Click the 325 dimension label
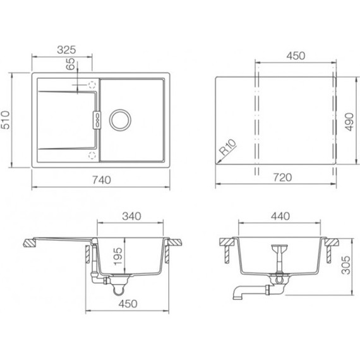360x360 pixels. (66, 50)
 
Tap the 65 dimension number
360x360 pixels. (71, 64)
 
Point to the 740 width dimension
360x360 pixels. (102, 180)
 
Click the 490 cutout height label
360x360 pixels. (349, 122)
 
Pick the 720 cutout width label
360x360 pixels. (282, 177)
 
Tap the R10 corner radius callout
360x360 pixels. (227, 147)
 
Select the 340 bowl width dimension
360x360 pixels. (131, 216)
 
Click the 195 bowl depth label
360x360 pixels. (118, 256)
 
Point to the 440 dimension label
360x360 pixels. (280, 216)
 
